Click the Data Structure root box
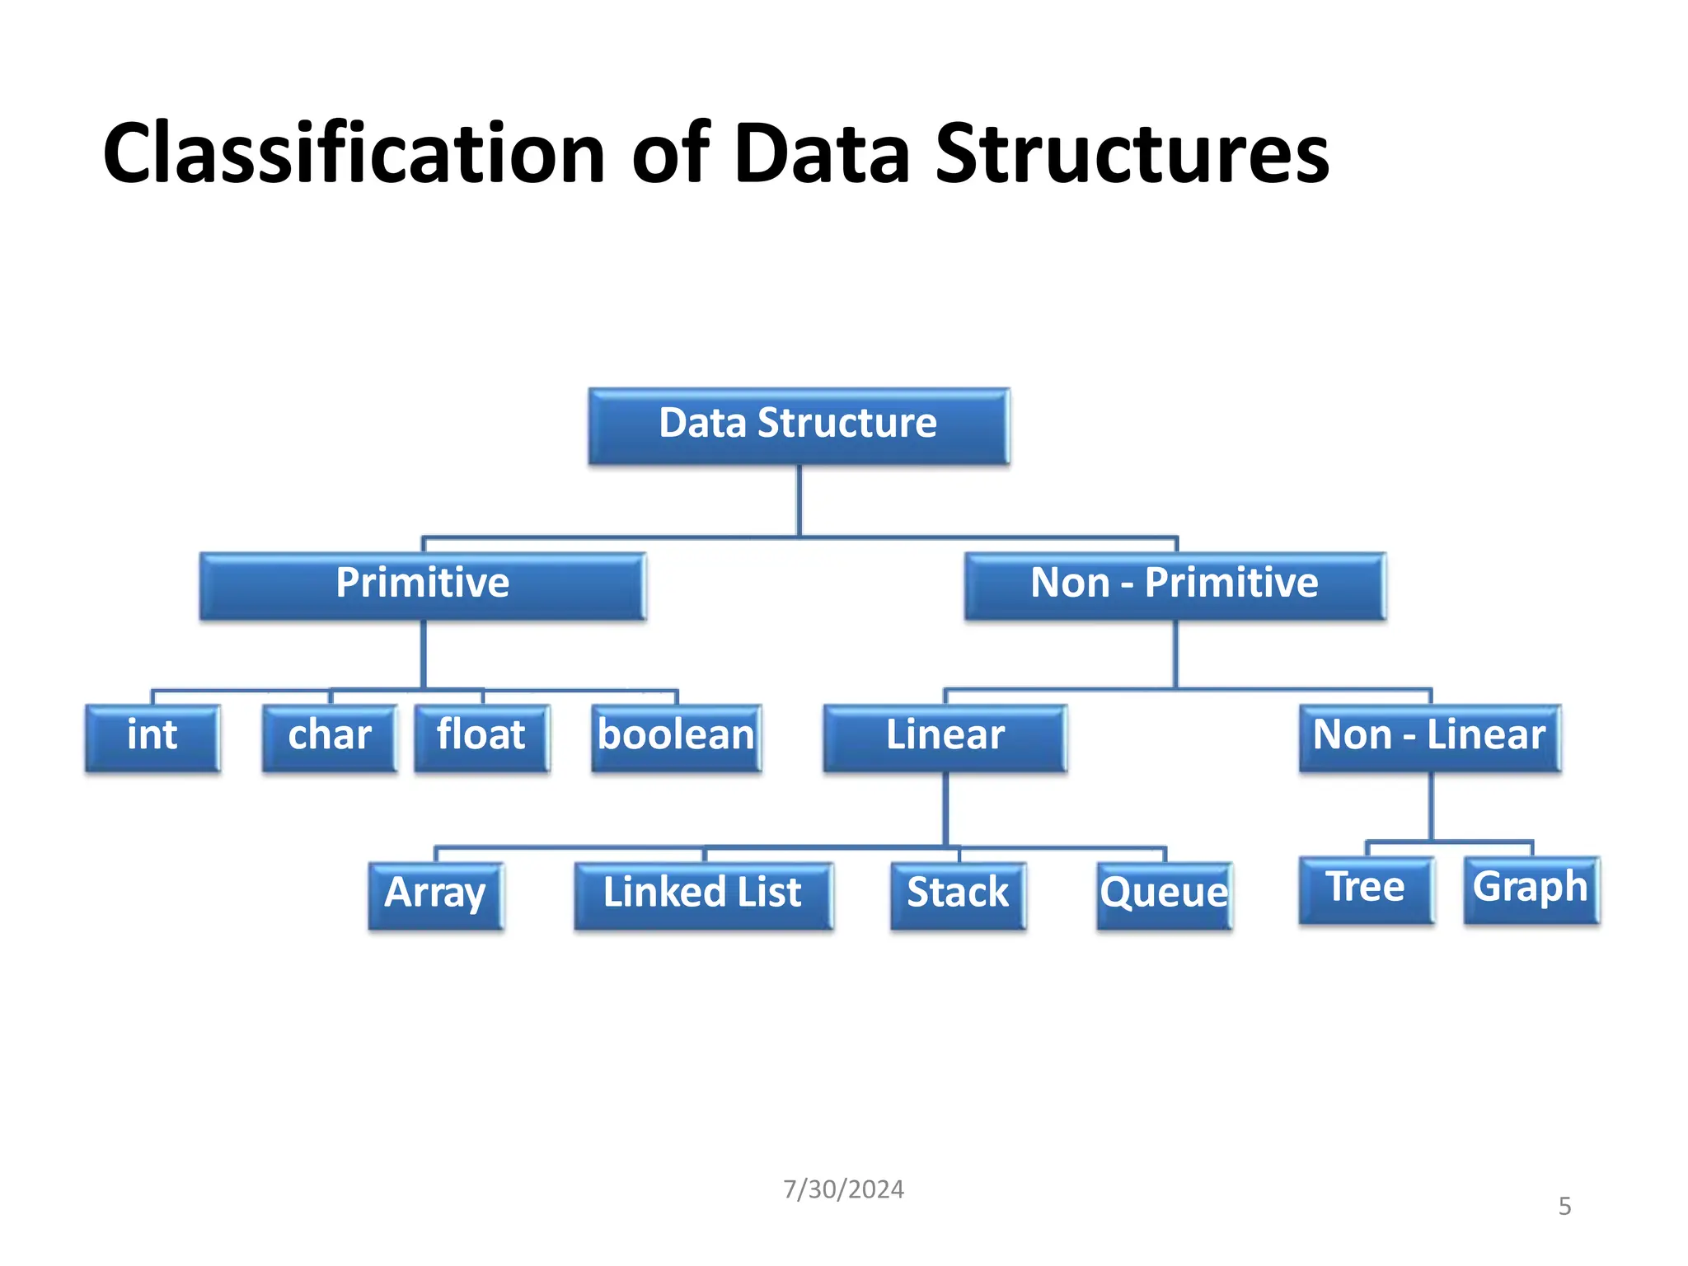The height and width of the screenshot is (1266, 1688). [798, 425]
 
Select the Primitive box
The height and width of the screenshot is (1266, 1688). [422, 585]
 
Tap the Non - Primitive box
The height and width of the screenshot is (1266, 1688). [1175, 585]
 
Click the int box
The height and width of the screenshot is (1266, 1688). [152, 737]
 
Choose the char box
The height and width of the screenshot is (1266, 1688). [330, 737]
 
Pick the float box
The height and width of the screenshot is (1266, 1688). [481, 737]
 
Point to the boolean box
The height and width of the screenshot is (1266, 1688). [676, 737]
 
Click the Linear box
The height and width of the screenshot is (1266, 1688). [945, 737]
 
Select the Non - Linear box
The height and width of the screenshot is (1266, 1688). [1429, 737]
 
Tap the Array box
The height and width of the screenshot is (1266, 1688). [435, 895]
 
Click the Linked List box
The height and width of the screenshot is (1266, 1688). [703, 895]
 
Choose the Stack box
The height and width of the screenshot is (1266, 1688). [958, 895]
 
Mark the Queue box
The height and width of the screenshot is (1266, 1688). [1164, 895]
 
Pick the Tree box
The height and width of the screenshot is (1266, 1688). [1366, 889]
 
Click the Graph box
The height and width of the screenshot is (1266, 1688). [1531, 889]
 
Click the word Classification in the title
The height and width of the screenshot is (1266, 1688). [354, 153]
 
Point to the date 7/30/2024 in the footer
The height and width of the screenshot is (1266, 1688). [843, 1189]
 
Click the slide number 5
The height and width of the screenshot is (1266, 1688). [1564, 1207]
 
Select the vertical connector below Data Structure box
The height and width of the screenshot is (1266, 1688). [799, 500]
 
